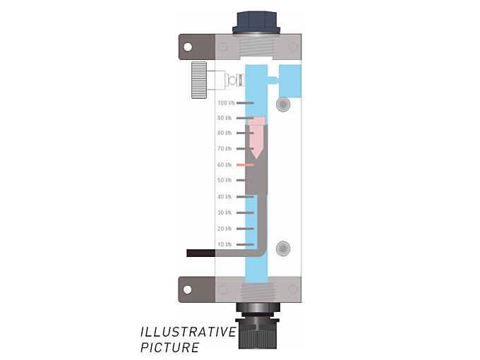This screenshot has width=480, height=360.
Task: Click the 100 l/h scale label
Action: tap(226, 103)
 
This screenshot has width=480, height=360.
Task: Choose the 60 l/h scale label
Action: tap(224, 164)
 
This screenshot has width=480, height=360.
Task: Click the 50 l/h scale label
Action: tap(224, 180)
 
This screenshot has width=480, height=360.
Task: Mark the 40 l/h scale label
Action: tap(224, 196)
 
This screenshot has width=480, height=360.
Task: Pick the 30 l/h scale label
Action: tap(224, 212)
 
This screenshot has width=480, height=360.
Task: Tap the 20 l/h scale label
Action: tap(224, 229)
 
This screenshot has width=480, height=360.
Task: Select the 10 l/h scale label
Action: tap(224, 244)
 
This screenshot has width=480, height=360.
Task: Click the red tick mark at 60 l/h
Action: tap(245, 164)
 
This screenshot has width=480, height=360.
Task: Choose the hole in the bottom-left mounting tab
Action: tap(188, 289)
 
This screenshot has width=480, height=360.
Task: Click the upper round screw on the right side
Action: tap(283, 104)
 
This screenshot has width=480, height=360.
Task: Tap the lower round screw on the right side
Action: tap(283, 248)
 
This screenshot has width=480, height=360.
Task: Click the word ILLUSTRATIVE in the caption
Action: tap(188, 332)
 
